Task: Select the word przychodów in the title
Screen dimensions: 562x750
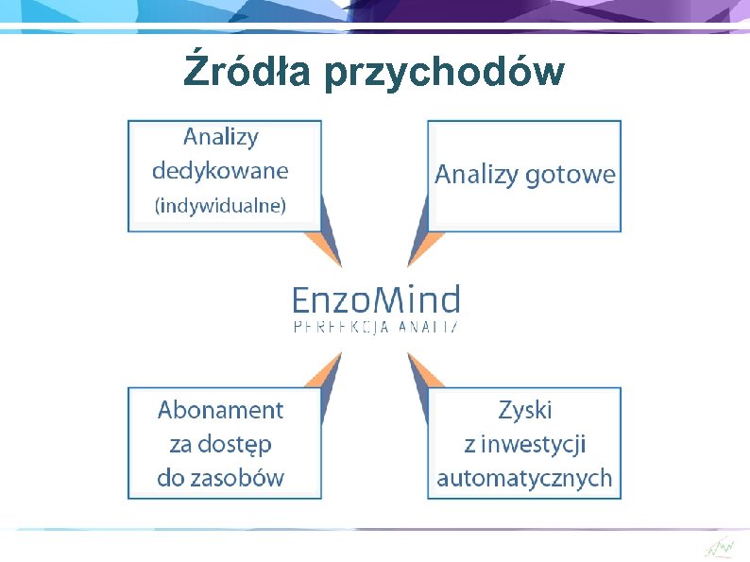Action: [443, 73]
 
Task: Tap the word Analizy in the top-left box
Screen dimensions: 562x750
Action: [220, 137]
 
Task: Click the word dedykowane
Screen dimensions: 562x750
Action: [220, 171]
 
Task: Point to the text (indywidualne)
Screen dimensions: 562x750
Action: [220, 205]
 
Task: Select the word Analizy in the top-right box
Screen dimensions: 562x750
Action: [477, 175]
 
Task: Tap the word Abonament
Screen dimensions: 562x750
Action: [220, 410]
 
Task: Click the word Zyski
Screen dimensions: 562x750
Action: [524, 410]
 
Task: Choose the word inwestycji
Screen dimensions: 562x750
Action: [537, 443]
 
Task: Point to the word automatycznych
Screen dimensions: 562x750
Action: [524, 478]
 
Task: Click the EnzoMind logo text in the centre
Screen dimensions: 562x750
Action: [376, 300]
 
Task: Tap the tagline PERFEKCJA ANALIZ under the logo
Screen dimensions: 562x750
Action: [376, 326]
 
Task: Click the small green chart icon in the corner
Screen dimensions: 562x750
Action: [719, 547]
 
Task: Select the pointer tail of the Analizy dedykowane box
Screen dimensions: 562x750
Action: [329, 236]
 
